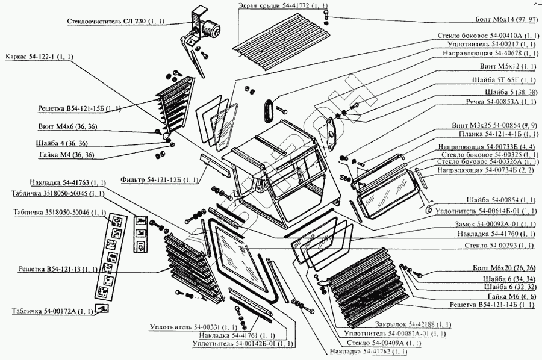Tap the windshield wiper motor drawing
(x=208, y=27)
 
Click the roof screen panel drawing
(x=280, y=39)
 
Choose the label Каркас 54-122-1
(x=39, y=57)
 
